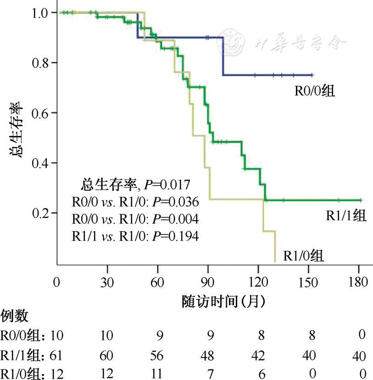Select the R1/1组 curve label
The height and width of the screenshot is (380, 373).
[x=346, y=216]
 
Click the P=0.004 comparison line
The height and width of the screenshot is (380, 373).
[x=135, y=219]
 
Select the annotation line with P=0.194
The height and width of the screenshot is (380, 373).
[x=135, y=236]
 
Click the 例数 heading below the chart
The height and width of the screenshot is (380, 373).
[x=14, y=315]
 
